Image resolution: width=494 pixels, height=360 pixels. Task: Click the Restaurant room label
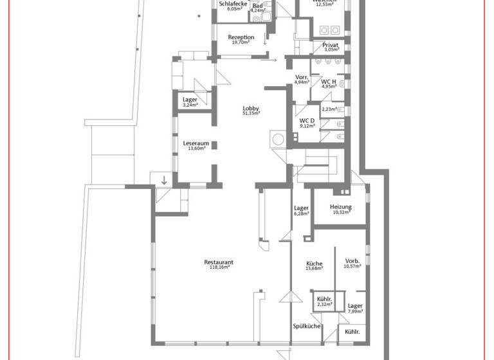point(218,262)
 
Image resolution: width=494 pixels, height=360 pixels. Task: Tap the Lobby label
point(251,108)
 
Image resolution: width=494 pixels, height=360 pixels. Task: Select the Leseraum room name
point(196,143)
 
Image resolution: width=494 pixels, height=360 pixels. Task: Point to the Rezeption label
point(241,37)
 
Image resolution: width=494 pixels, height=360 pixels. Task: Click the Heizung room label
point(340,206)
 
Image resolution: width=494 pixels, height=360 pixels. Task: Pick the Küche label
point(314,264)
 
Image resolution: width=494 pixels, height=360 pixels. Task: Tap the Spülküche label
point(307,326)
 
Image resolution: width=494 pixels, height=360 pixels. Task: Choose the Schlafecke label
point(233,4)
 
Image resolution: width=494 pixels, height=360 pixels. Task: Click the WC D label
point(307,120)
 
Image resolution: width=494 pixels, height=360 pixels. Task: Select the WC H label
point(329,81)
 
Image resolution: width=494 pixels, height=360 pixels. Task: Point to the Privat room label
point(331,44)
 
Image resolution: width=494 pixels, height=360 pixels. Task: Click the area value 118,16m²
point(218,268)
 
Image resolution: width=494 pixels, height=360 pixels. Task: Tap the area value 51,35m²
point(251,114)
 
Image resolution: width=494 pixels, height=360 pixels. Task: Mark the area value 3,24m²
point(190,105)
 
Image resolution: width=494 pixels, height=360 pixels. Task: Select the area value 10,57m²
point(352,266)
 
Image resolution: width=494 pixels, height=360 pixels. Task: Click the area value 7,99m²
point(355,312)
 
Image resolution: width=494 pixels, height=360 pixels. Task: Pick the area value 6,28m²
point(301,214)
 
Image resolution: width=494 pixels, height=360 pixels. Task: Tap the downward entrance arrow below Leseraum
point(164,180)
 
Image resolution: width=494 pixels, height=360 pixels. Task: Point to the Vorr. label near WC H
point(302,77)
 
